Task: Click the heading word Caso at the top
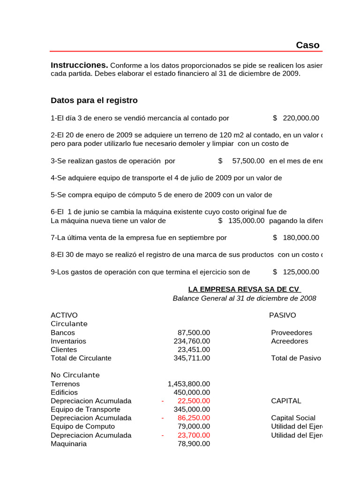point(307,45)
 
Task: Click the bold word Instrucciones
point(79,65)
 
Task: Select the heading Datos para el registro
point(94,100)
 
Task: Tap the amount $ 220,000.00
point(296,118)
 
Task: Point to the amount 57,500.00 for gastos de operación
point(248,161)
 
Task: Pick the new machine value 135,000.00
point(246,221)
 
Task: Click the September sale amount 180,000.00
point(300,238)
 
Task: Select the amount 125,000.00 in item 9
point(300,272)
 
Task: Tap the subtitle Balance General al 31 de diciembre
point(244,298)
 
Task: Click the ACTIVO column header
point(64,315)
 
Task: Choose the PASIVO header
point(282,315)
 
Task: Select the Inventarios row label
point(68,341)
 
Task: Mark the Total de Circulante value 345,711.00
point(192,358)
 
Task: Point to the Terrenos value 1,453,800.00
point(189,384)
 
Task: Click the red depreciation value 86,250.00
point(194,418)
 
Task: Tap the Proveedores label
point(291,332)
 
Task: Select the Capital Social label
point(293,418)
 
